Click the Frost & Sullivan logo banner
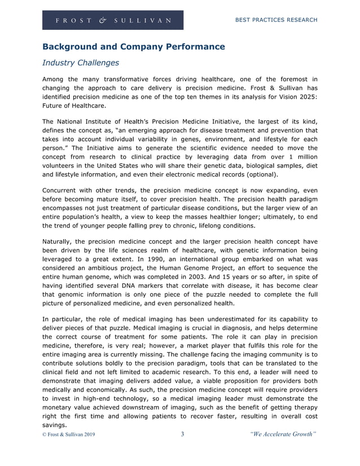113,20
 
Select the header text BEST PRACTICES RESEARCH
275,20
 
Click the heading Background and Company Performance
134,47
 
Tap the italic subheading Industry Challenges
81,63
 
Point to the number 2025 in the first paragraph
304,96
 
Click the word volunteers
60,166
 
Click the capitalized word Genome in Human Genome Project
190,268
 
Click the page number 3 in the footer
182,434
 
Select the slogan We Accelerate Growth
283,434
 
